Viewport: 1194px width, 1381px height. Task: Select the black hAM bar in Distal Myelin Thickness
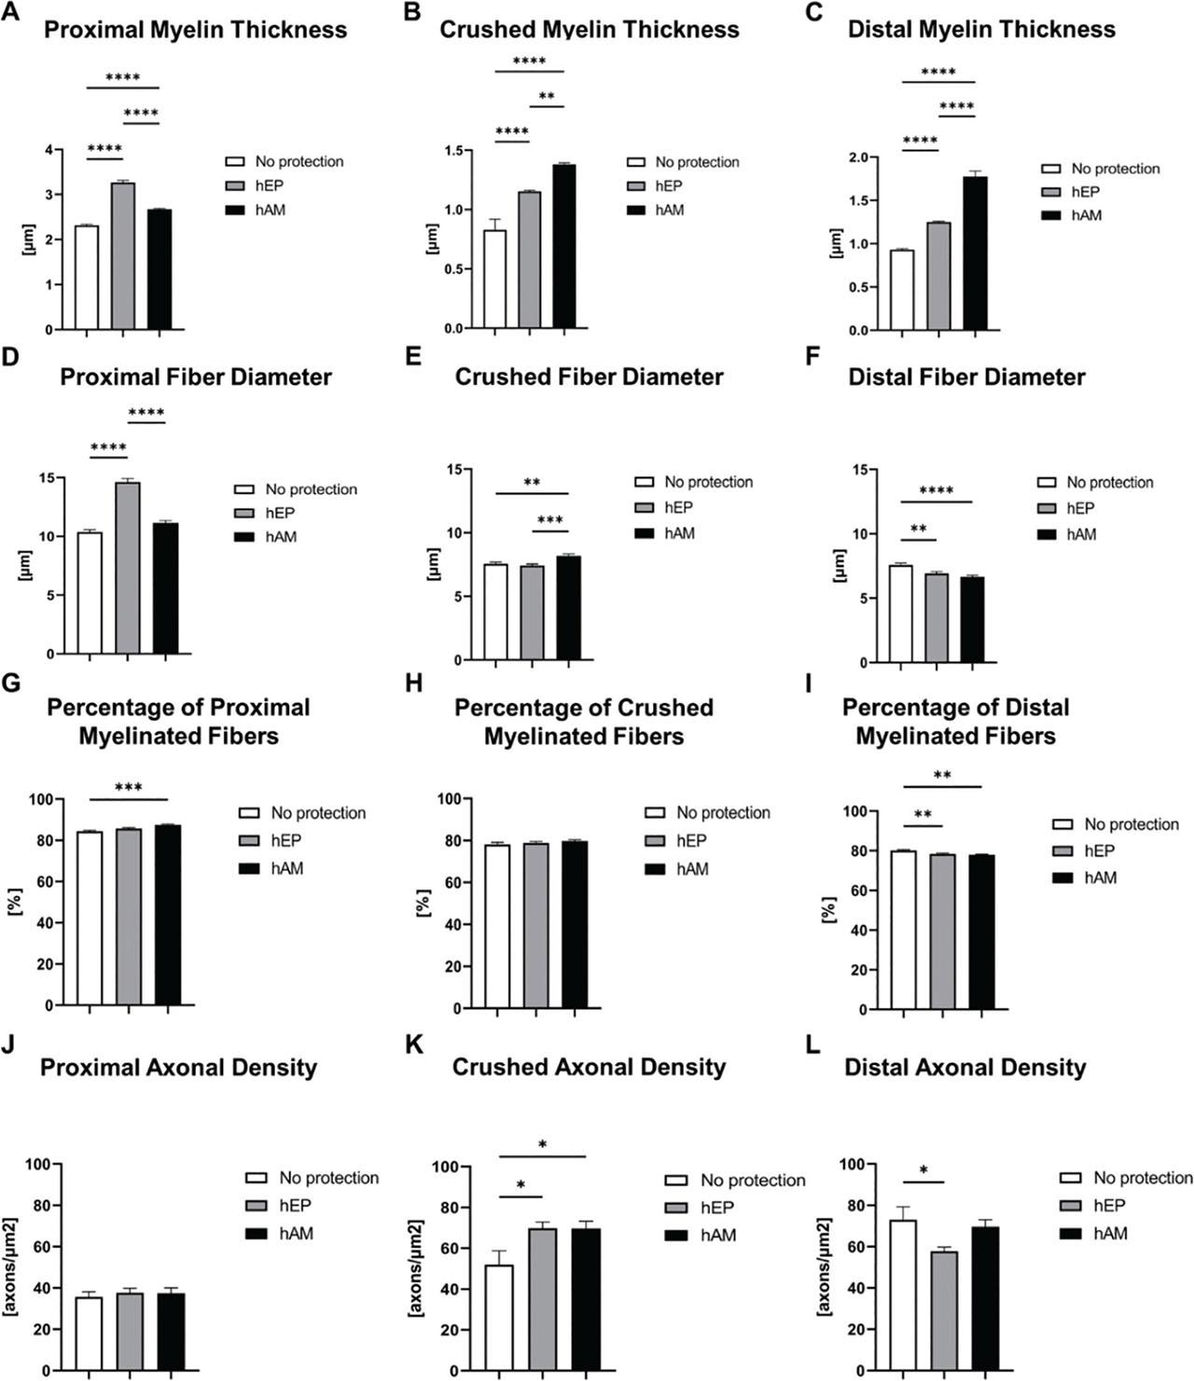click(x=975, y=254)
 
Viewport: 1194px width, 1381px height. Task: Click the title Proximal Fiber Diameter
click(x=196, y=378)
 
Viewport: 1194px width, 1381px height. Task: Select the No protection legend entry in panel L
click(x=1142, y=1179)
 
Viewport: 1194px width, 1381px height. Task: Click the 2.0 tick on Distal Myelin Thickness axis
click(x=859, y=157)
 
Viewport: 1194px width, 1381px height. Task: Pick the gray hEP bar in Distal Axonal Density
click(x=945, y=1311)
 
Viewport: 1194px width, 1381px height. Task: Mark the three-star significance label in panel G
click(x=128, y=788)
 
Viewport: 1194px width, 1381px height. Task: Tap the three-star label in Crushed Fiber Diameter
click(x=550, y=520)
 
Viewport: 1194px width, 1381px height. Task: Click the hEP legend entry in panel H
click(x=689, y=841)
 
